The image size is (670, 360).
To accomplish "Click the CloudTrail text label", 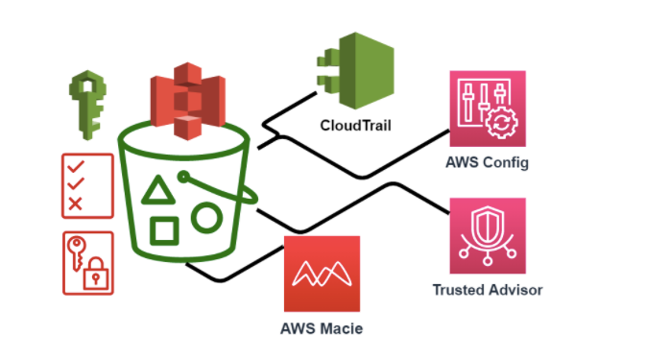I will pos(357,127).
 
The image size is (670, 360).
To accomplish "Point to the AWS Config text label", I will pos(488,161).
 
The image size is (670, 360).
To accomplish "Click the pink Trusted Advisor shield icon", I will pos(488,235).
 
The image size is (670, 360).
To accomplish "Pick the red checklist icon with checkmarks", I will pos(86,184).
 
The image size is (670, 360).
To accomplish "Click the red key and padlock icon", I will pos(87,263).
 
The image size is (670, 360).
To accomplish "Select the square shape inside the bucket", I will pos(164,231).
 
